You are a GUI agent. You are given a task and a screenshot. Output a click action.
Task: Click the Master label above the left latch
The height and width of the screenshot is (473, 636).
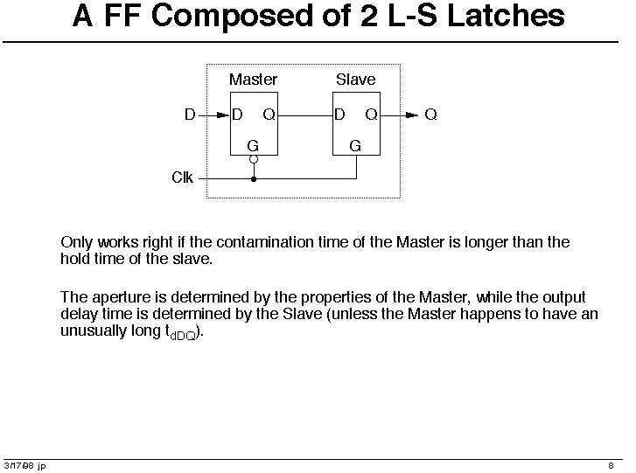[x=253, y=80]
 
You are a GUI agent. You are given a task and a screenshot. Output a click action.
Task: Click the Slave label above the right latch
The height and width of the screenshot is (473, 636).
[x=356, y=80]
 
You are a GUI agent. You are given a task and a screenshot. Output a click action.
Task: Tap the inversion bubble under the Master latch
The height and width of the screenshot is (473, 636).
[x=254, y=159]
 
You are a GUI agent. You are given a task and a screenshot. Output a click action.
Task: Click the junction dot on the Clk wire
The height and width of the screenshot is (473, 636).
[x=254, y=178]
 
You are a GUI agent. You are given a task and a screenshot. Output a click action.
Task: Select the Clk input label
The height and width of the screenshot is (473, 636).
[x=183, y=177]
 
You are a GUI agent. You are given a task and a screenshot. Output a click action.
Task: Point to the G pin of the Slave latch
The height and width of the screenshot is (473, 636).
[x=355, y=145]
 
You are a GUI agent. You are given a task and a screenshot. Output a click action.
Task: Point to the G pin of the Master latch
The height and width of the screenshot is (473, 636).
[x=253, y=145]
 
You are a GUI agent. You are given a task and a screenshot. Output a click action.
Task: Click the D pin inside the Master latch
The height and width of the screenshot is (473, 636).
[x=237, y=115]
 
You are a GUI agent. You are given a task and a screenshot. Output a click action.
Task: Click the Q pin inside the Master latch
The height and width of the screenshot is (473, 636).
[x=269, y=115]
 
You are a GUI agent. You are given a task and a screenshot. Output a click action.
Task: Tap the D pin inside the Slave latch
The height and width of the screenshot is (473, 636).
[x=339, y=115]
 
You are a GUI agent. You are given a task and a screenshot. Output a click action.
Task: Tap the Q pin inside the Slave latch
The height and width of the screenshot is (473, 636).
[x=372, y=115]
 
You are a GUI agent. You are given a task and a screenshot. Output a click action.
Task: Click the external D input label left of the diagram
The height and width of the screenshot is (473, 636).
[x=190, y=115]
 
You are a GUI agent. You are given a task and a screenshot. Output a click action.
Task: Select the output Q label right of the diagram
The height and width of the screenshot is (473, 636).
[x=430, y=115]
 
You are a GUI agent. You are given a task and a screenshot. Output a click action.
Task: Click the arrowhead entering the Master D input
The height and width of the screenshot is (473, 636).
[x=223, y=115]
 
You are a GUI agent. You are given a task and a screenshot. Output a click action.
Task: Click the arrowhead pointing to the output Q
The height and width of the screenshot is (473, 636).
[x=412, y=115]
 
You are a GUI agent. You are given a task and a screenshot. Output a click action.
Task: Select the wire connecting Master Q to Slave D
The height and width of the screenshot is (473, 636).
[x=305, y=115]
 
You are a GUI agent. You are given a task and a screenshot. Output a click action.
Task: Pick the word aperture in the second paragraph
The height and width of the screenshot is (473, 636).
[x=122, y=298]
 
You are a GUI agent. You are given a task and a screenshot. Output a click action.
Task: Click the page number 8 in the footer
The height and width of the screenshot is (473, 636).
[x=611, y=466]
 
